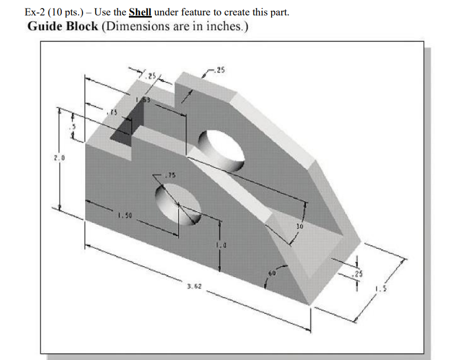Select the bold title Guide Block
click(x=62, y=26)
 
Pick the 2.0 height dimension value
click(x=59, y=158)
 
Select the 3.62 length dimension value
click(x=193, y=287)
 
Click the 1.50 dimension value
click(x=126, y=216)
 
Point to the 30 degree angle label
click(x=299, y=225)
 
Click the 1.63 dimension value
click(x=143, y=100)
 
